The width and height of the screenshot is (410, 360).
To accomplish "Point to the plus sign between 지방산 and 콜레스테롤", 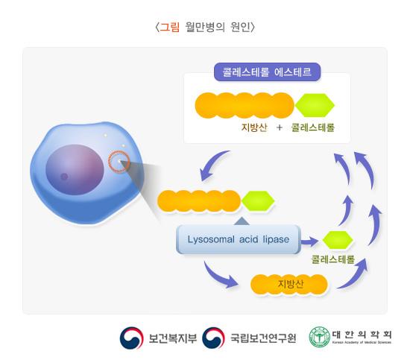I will (279, 127).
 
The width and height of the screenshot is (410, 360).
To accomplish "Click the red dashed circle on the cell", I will (119, 162).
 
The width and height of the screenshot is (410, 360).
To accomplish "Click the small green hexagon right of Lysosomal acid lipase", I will (337, 239).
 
